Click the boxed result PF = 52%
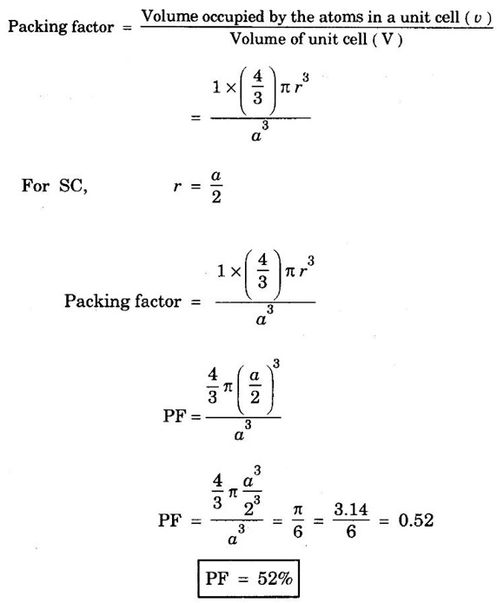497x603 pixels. coord(248,579)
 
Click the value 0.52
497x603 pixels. coord(416,520)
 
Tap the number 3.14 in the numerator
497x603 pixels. coord(351,509)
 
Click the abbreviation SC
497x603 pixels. coord(73,186)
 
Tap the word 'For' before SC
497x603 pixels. coord(36,185)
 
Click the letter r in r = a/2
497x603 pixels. coord(177,187)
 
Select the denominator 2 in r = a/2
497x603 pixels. coord(216,197)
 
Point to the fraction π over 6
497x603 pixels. coord(298,520)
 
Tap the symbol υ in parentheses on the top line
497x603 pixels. coord(478,18)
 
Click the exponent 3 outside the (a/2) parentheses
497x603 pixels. coord(275,363)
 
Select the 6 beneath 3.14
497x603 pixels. coord(351,532)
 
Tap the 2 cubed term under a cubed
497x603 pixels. coord(252,507)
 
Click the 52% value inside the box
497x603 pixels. coord(275,579)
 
